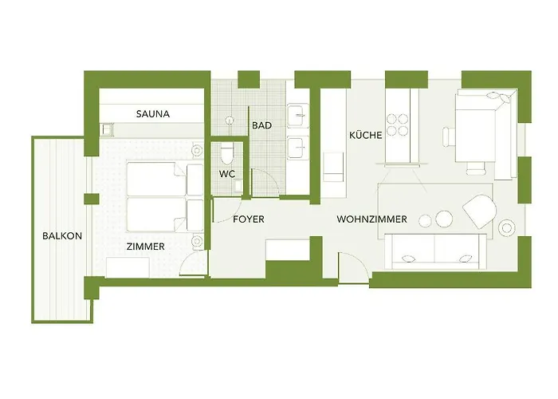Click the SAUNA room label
[x=152, y=114]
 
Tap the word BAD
[x=261, y=126]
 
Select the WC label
[x=226, y=175]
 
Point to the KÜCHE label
[x=365, y=136]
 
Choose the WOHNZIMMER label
[x=372, y=219]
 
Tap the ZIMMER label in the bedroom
[x=145, y=247]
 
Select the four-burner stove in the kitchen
[x=398, y=124]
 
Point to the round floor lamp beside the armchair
[x=506, y=229]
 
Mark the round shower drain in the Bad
[x=230, y=120]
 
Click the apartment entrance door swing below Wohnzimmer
[x=353, y=267]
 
